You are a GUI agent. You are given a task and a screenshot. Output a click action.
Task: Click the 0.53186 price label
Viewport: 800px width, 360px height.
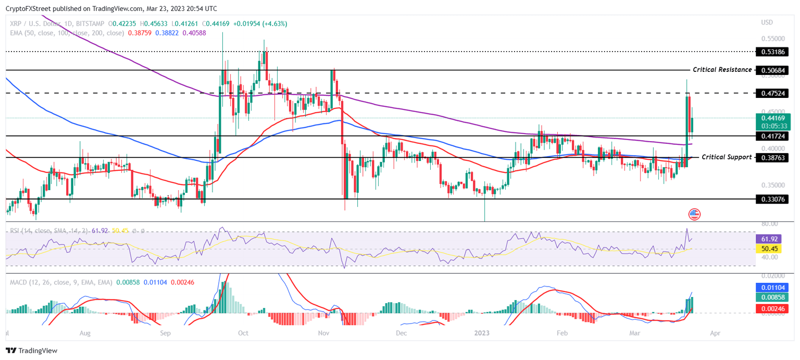(773, 52)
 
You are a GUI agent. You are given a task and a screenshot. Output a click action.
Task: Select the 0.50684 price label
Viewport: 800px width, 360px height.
(773, 70)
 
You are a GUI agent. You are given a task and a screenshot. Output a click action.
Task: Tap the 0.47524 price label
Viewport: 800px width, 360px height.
(773, 93)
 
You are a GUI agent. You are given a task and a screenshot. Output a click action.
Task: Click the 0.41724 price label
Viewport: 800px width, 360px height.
(773, 136)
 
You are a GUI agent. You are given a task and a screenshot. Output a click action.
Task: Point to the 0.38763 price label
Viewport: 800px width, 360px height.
(773, 157)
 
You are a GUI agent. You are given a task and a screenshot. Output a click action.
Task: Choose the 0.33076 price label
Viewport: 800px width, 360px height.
(773, 199)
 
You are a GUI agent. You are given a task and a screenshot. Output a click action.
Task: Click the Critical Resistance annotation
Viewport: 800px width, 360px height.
(722, 70)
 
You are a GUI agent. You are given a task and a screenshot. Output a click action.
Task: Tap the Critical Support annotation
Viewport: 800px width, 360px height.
(727, 157)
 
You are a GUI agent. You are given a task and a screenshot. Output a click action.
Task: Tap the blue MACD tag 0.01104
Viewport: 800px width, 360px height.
(771, 287)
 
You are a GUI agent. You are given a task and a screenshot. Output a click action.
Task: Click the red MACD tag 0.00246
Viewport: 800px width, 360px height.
(771, 309)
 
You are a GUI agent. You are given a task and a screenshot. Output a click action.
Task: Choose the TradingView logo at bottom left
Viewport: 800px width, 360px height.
(32, 351)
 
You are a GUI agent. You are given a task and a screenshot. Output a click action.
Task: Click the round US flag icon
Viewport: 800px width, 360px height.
(694, 214)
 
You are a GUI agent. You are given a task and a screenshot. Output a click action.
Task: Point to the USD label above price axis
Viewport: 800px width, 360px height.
(767, 22)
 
